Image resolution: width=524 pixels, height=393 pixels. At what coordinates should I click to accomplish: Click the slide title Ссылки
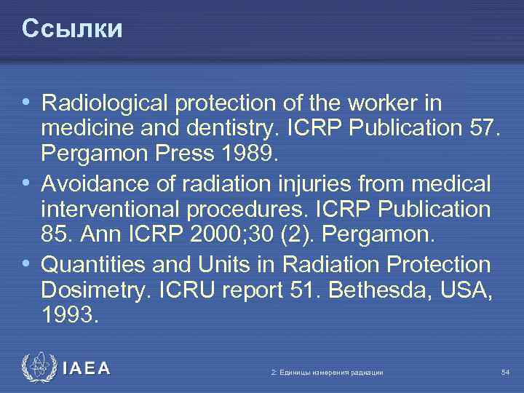click(x=72, y=28)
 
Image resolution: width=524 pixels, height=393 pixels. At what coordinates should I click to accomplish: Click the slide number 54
click(x=506, y=373)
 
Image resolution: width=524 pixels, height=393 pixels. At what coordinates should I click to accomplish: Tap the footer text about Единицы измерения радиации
click(x=327, y=373)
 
